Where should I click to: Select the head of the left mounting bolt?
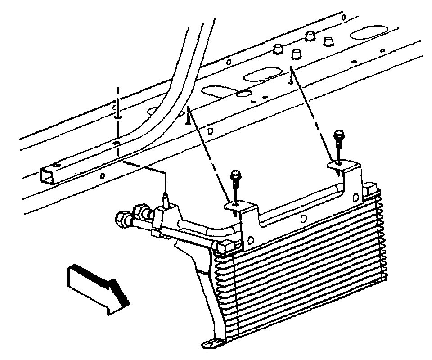[235, 174]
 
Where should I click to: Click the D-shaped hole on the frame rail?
[211, 131]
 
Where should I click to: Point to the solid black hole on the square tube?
[117, 143]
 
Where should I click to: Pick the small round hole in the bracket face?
[304, 219]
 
